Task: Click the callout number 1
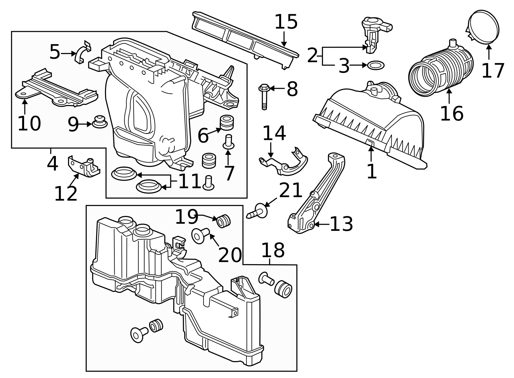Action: click(x=371, y=171)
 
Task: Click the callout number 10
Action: click(x=29, y=124)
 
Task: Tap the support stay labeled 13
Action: click(x=316, y=193)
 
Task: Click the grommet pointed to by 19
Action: click(x=224, y=221)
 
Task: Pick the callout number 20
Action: click(x=230, y=255)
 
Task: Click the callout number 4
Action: click(x=52, y=164)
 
